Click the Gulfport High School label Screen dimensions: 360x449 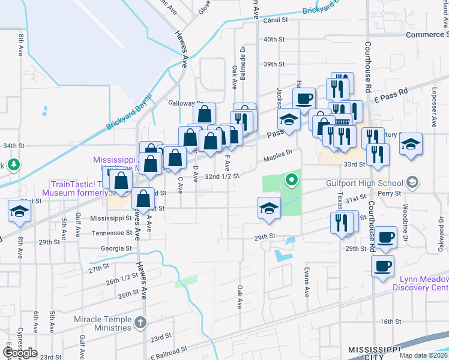click(x=373, y=182)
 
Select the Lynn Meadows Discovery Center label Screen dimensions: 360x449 click(x=420, y=283)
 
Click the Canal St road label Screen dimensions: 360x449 click(x=276, y=20)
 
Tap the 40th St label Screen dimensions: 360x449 click(x=273, y=39)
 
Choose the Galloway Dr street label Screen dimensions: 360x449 click(x=186, y=103)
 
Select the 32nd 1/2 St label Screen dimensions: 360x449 click(x=222, y=176)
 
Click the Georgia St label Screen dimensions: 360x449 click(x=116, y=247)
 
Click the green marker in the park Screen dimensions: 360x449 click(x=292, y=179)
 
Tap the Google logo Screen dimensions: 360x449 click(x=20, y=353)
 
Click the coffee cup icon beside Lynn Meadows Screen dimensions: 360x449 click(x=382, y=265)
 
